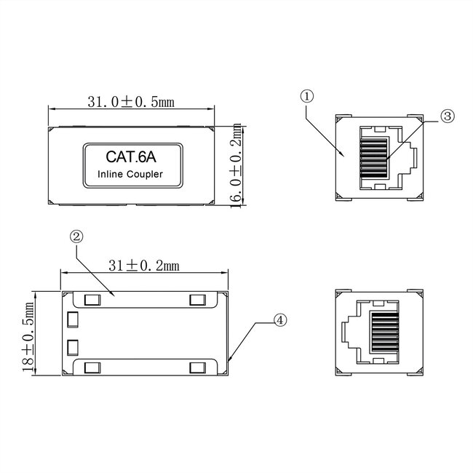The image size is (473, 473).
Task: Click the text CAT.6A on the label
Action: tap(130, 156)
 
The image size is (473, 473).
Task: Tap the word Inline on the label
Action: tap(111, 174)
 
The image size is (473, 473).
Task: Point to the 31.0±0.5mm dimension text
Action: tap(131, 103)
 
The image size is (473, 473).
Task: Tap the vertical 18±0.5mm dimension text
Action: tap(28, 335)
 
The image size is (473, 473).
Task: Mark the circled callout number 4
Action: tap(279, 319)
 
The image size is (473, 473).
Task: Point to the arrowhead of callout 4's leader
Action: tap(231, 360)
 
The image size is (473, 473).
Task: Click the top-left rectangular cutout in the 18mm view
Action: tap(92, 300)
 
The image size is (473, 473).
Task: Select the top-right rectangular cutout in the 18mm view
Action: tap(196, 300)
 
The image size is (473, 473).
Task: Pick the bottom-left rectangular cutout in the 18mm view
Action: tap(92, 367)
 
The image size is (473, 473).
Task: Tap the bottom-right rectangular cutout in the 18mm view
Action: tap(196, 367)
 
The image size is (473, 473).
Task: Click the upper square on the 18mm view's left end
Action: tap(71, 319)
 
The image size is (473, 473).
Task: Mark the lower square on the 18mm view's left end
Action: tap(71, 346)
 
